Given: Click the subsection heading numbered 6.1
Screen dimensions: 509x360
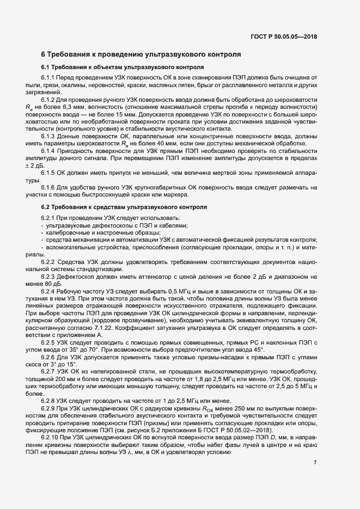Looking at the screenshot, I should pyautogui.click(x=123, y=68).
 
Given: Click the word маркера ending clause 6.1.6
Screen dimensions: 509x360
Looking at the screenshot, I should pyautogui.click(x=177, y=194).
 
